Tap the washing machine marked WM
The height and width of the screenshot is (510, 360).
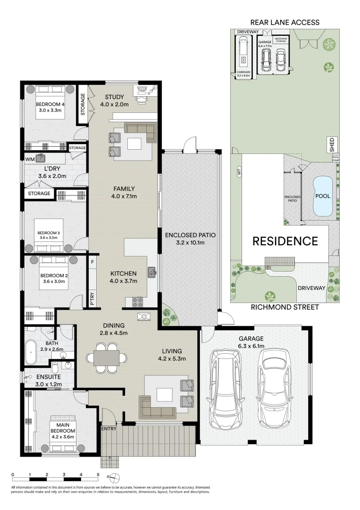pos(40,159)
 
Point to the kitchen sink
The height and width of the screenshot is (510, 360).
pos(152,272)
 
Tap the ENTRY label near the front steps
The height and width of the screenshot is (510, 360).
pos(109,429)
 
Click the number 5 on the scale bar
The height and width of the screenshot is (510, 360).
pos(98,474)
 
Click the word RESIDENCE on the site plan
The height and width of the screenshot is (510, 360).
pos(285,241)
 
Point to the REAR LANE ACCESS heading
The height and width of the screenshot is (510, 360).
pos(285,22)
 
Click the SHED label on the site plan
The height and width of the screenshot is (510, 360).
pos(332,143)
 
